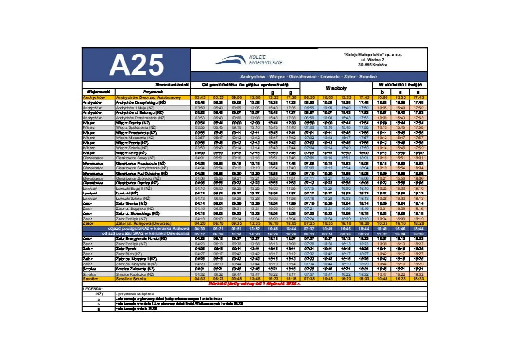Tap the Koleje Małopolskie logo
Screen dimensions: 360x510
[x=249, y=60]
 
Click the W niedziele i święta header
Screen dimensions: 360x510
[x=400, y=85]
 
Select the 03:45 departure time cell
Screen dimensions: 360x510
[x=200, y=97]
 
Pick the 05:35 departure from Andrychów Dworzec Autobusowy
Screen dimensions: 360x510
[x=218, y=97]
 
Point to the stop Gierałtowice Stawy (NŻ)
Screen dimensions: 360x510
[x=137, y=158]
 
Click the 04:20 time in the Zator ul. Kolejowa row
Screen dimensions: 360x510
[x=200, y=224]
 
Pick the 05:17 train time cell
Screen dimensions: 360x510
[x=200, y=234]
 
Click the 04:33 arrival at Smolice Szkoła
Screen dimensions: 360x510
[x=200, y=279]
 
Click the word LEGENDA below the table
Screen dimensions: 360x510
[x=93, y=289]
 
